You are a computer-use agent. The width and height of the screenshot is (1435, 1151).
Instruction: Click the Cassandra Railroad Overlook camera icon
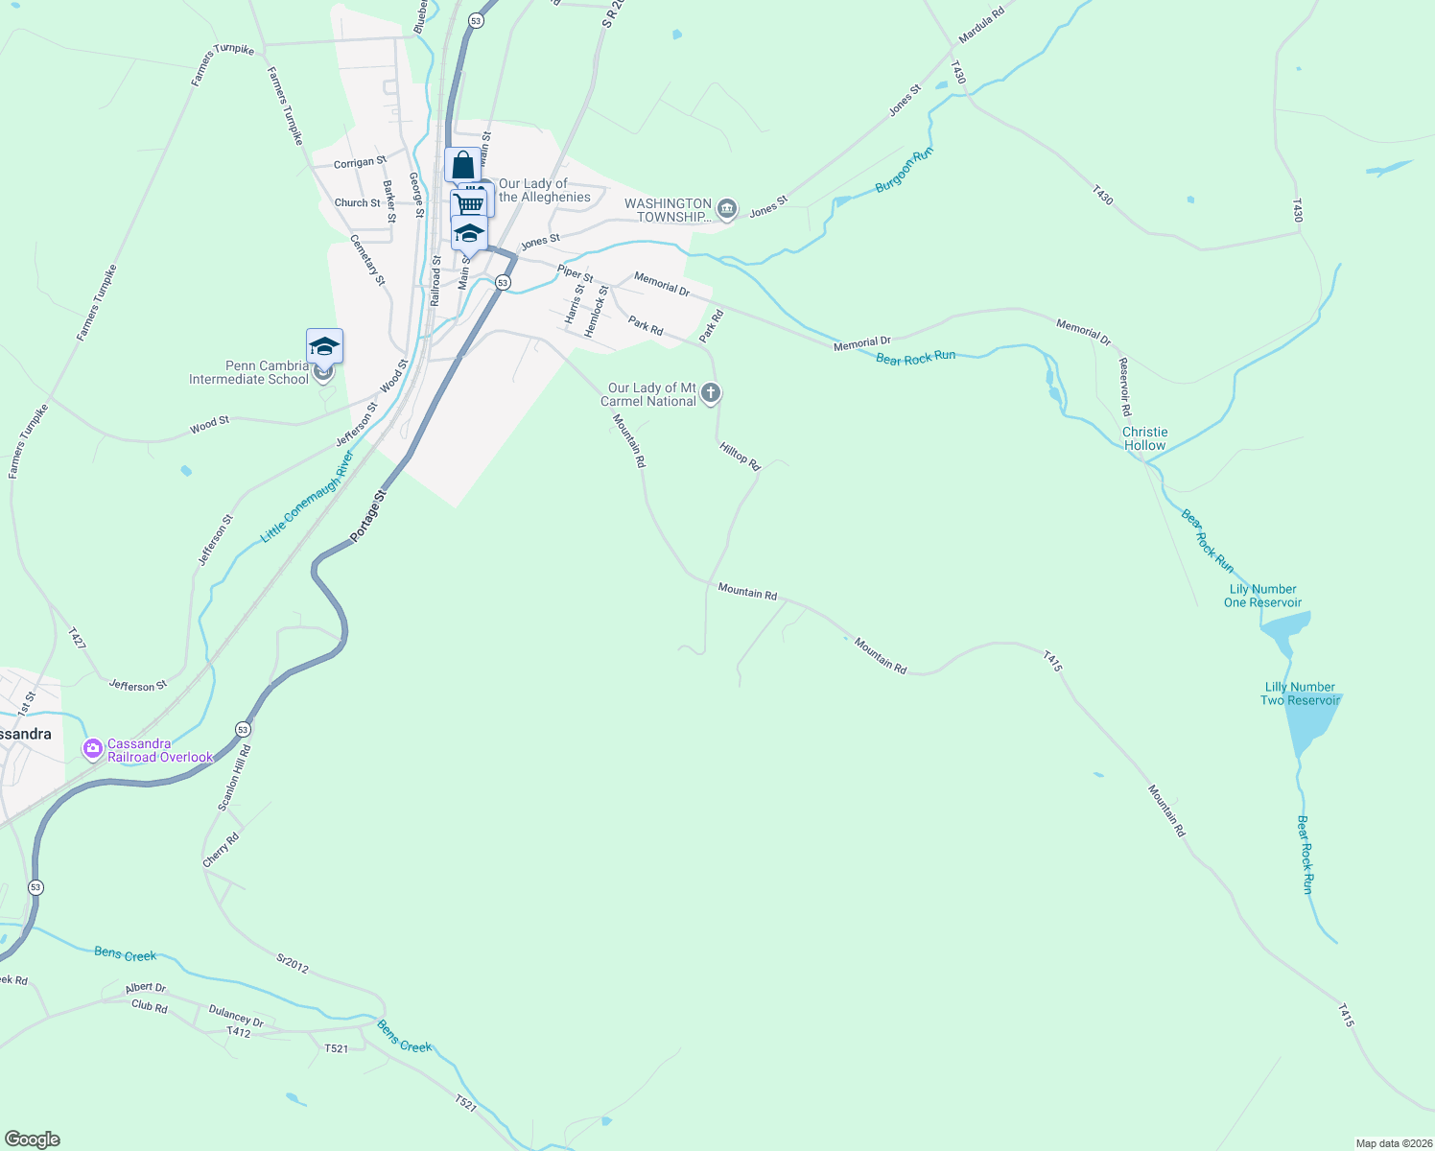pos(93,749)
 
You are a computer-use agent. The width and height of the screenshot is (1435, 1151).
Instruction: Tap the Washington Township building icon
pos(727,209)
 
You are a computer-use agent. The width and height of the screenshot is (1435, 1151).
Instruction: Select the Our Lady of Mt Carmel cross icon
pos(711,392)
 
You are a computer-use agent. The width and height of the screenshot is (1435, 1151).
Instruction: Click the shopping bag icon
pos(462,165)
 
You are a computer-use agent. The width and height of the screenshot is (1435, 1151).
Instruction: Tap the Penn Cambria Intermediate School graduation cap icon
pos(324,345)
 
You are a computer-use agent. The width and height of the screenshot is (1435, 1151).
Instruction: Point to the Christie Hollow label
pos(1144,438)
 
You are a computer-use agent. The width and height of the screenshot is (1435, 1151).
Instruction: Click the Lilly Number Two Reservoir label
pos(1300,693)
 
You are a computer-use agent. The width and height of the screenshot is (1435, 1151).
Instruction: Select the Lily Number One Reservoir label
pos(1262,596)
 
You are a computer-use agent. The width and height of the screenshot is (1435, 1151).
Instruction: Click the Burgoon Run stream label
pos(904,171)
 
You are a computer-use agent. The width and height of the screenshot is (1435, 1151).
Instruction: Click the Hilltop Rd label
pos(739,456)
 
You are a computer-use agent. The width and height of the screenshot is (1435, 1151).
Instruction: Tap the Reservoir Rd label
pos(1125,386)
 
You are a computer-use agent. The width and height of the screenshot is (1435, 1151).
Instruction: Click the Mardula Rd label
pos(981,29)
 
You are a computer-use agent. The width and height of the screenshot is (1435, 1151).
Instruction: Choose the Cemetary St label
pos(367,260)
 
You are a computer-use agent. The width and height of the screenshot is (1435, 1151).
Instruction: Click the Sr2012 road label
pos(293,964)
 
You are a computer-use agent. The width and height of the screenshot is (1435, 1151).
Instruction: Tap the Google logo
pos(32,1139)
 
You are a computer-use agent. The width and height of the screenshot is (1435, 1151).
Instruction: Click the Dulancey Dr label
pos(236,1019)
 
